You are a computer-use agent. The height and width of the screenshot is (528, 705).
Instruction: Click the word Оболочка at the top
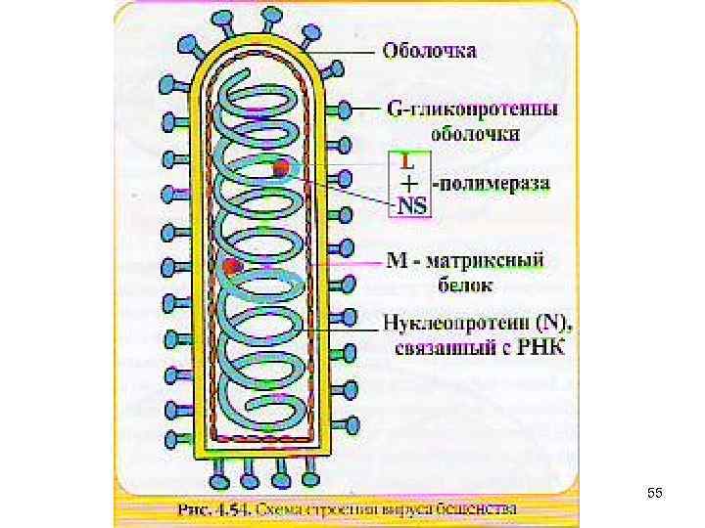point(430,49)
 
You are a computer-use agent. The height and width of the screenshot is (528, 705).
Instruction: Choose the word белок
point(465,286)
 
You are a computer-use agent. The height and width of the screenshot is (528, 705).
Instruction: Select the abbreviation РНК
point(540,348)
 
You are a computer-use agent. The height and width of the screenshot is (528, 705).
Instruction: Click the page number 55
point(654,495)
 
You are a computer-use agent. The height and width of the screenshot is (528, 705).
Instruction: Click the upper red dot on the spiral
point(281,168)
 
